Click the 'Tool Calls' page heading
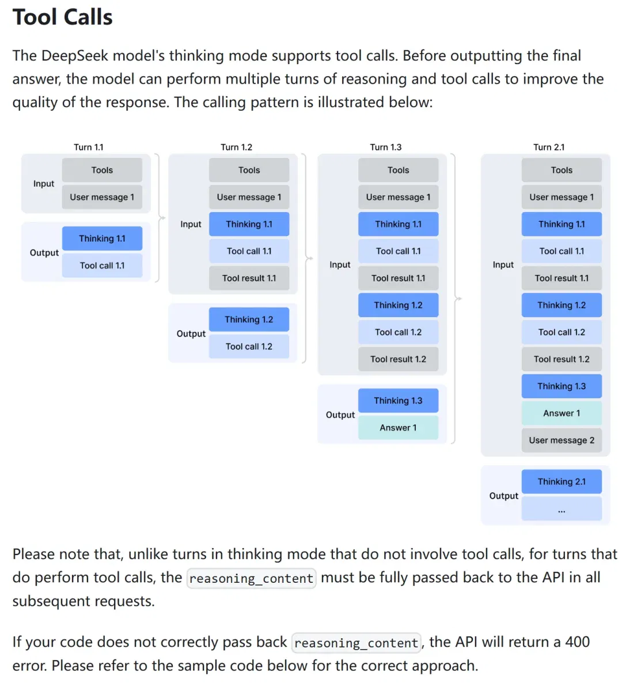[63, 17]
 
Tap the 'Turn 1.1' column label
[88, 147]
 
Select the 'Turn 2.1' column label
[548, 147]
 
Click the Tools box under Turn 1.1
[102, 169]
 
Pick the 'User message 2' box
[562, 440]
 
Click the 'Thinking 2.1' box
[562, 481]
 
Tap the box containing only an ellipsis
[562, 508]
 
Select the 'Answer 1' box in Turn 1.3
[398, 427]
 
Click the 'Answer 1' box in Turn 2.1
[562, 413]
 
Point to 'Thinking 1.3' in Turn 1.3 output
[398, 400]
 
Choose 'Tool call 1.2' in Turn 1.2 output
[249, 346]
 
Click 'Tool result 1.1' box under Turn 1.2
[249, 278]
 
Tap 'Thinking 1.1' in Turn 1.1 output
[102, 239]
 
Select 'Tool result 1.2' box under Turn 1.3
[398, 359]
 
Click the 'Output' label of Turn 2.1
[503, 496]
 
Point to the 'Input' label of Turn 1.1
[44, 184]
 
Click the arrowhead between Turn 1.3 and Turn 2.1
[460, 299]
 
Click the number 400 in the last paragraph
[578, 642]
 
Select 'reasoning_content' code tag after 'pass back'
[356, 643]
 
